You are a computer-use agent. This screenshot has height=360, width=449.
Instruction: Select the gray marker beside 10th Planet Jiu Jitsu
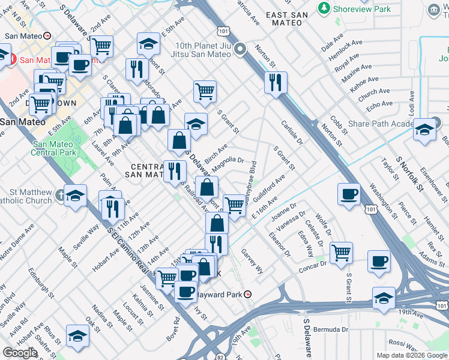click(x=240, y=49)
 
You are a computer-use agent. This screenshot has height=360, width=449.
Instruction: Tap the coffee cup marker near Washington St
click(x=349, y=194)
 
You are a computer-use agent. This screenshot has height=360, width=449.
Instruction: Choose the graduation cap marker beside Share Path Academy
click(x=424, y=130)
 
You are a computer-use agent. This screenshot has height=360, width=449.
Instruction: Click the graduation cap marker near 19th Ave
click(x=384, y=298)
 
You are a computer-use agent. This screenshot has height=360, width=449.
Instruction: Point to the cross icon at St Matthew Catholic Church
click(x=60, y=196)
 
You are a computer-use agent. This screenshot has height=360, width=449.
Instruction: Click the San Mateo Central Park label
click(x=55, y=148)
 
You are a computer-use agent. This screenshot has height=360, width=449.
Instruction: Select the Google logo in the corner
click(x=19, y=353)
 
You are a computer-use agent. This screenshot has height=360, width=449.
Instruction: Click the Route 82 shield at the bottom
click(x=220, y=356)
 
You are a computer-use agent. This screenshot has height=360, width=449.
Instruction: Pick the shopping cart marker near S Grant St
click(x=205, y=91)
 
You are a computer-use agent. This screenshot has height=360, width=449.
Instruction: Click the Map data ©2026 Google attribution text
click(x=411, y=355)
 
